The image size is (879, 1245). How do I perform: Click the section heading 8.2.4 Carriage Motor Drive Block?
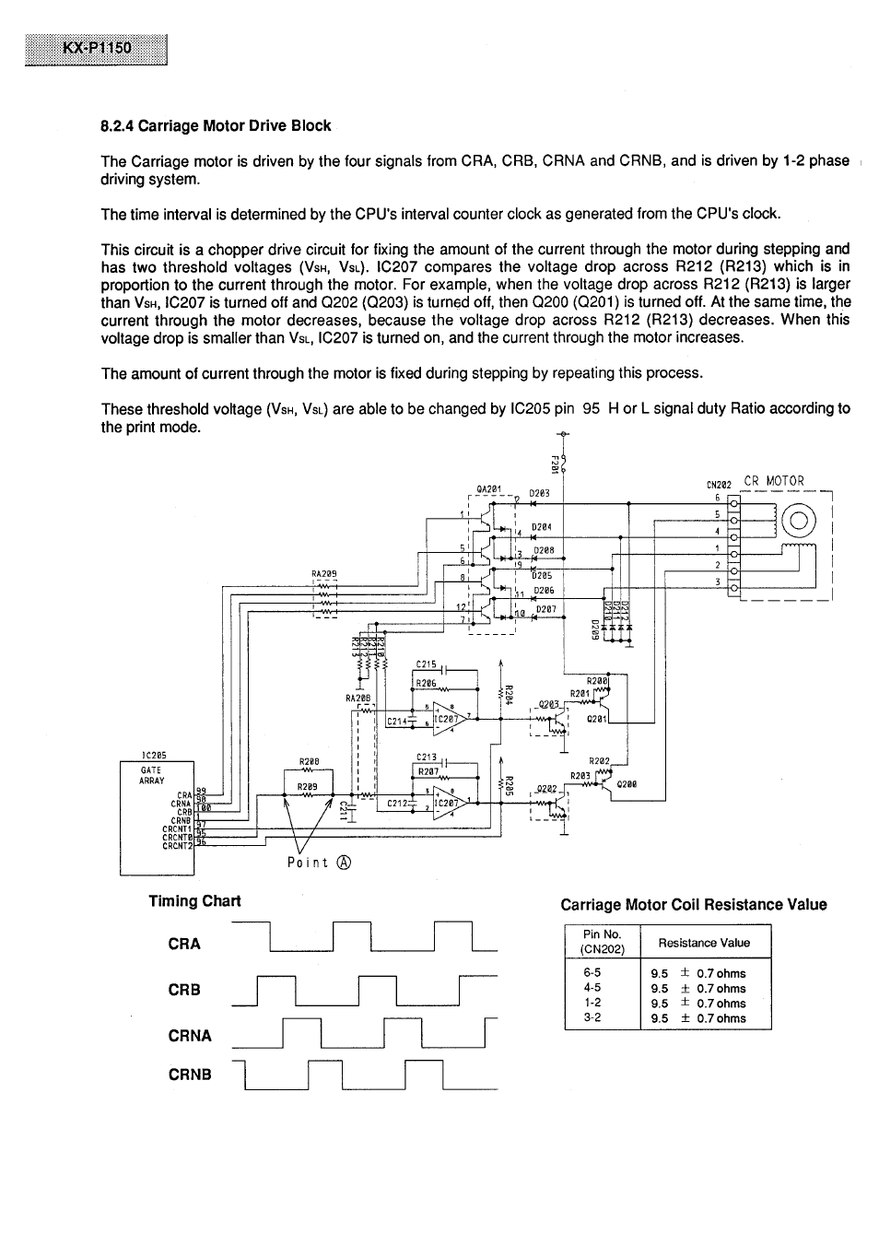(x=216, y=125)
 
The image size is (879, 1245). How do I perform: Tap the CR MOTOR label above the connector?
(x=773, y=481)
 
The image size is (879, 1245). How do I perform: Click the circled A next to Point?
(x=344, y=863)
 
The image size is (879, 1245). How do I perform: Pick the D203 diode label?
(x=539, y=493)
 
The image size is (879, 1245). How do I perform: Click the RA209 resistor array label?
(x=324, y=573)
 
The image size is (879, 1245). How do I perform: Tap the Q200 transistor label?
(x=627, y=784)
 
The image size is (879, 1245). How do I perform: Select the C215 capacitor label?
(x=426, y=664)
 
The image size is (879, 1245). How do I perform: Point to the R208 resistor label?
(x=309, y=762)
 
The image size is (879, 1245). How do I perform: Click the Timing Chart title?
(x=194, y=901)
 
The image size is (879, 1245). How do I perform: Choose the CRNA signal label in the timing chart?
(x=190, y=1036)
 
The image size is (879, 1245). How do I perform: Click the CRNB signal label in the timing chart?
(x=190, y=1075)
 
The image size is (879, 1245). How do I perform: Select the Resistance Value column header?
(x=704, y=943)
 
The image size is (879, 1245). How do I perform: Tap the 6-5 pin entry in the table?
(x=592, y=973)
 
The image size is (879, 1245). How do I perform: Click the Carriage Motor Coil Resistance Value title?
(x=693, y=905)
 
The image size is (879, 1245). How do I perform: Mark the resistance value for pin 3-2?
(x=698, y=1018)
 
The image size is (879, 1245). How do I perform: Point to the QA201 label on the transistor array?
(x=487, y=489)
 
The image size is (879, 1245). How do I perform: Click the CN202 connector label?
(x=719, y=485)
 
